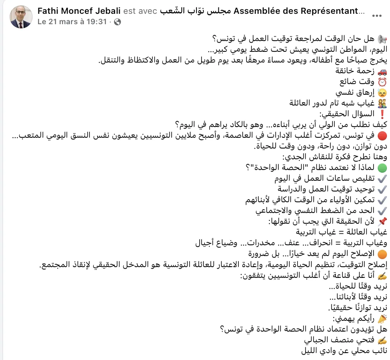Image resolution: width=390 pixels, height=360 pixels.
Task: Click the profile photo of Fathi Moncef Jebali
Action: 21,17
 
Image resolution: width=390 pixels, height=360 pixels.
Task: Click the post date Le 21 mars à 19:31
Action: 72,22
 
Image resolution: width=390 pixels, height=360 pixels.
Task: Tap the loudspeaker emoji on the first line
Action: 382,39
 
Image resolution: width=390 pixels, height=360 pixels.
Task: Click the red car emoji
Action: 382,71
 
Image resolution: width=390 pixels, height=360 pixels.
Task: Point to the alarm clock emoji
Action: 382,82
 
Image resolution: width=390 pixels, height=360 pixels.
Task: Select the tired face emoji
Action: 382,92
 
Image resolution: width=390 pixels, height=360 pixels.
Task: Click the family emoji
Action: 382,103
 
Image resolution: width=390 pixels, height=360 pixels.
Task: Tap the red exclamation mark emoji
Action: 382,114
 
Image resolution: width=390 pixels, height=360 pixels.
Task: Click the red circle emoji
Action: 382,135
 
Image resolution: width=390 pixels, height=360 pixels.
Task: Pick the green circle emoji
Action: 382,168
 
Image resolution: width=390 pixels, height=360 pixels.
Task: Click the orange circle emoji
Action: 382,254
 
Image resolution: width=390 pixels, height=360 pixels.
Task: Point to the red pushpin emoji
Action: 382,221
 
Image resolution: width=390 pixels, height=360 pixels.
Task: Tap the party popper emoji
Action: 382,318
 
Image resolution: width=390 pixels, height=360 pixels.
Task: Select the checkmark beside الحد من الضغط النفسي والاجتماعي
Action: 382,211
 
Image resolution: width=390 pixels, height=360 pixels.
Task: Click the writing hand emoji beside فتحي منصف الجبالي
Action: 382,340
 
